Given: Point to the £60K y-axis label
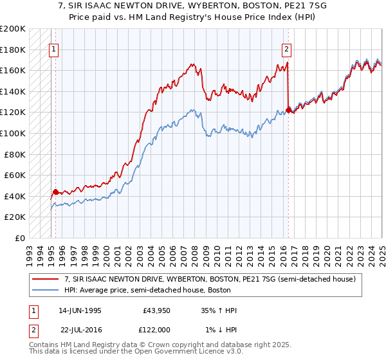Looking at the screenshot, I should [x=15, y=175].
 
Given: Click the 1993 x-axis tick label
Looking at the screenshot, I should [x=30, y=251].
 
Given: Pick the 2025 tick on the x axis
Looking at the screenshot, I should [x=381, y=251].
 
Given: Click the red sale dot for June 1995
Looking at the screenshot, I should [x=55, y=192].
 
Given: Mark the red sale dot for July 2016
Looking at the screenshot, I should [x=288, y=110].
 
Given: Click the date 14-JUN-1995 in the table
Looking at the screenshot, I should [x=80, y=310].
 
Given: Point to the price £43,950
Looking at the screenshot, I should [x=156, y=310].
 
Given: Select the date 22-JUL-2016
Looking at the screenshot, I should [x=80, y=330].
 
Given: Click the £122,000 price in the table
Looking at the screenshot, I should [x=156, y=330].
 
